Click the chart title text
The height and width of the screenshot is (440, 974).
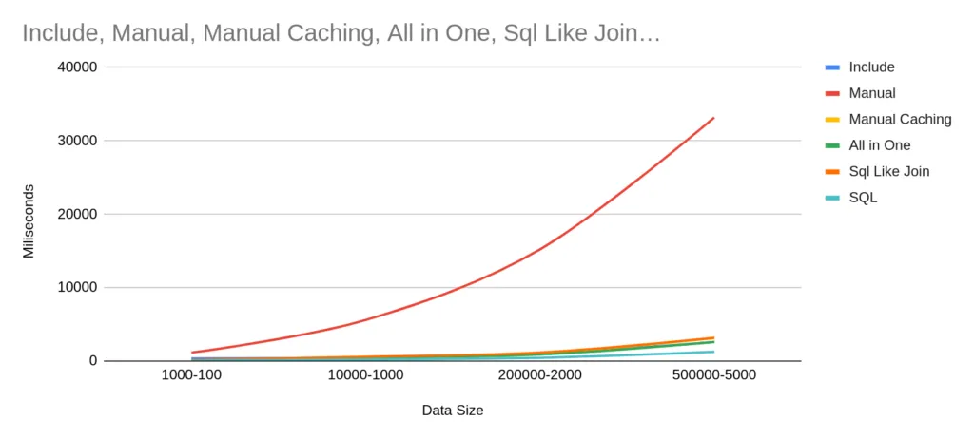click(x=341, y=33)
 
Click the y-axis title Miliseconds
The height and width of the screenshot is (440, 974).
click(x=29, y=220)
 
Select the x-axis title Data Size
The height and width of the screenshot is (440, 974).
click(x=452, y=411)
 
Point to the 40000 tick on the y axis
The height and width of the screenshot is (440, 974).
click(x=76, y=67)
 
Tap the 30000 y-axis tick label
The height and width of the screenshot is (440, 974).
click(x=76, y=141)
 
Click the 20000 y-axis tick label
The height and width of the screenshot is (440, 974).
click(x=76, y=214)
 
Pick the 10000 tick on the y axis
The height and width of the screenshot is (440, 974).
click(x=76, y=287)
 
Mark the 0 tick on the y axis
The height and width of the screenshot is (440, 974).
click(x=92, y=361)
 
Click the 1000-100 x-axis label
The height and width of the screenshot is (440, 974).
click(x=191, y=375)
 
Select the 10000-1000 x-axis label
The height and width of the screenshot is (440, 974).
click(x=365, y=375)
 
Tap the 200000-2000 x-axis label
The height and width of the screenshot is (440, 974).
click(x=538, y=375)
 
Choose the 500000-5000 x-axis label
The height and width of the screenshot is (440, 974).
click(x=712, y=375)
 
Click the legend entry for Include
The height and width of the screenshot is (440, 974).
click(x=871, y=67)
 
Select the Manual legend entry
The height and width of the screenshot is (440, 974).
click(x=871, y=93)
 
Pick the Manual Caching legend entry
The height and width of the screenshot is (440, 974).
click(x=899, y=120)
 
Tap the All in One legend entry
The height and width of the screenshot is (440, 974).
click(x=879, y=145)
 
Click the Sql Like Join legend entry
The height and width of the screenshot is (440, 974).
click(x=888, y=172)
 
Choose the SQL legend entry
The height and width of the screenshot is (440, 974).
click(x=863, y=198)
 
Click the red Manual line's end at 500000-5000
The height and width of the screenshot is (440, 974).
click(x=713, y=118)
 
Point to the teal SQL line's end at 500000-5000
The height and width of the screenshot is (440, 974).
click(x=713, y=352)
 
